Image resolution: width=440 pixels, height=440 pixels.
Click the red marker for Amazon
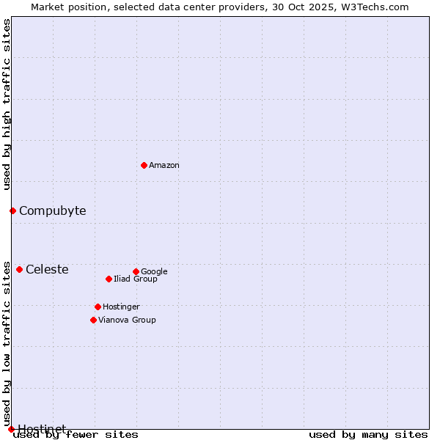[x=144, y=165]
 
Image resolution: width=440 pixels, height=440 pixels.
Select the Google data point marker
[x=136, y=271]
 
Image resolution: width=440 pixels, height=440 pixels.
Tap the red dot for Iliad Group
[x=109, y=279]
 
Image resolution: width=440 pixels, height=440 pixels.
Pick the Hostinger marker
[x=98, y=307]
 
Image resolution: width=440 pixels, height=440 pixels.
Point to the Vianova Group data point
[x=93, y=320]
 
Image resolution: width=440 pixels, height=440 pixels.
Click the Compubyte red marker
[x=12, y=211]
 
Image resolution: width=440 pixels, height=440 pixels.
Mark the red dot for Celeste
[x=19, y=269]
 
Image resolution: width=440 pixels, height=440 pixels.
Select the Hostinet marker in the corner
[x=11, y=429]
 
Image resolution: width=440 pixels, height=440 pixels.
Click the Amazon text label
[x=164, y=166]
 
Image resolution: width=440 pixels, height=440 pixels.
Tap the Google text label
[x=154, y=272]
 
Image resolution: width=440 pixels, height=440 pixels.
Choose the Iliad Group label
[x=136, y=279]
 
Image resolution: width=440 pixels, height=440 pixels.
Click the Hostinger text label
[x=121, y=307]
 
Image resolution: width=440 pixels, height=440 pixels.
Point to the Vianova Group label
[x=127, y=320]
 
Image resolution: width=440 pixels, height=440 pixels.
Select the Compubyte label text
[x=52, y=211]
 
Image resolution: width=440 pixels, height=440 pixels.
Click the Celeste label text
[x=47, y=270]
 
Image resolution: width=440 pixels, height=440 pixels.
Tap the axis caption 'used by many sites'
[x=368, y=435]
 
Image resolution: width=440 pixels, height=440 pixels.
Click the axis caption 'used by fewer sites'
[x=76, y=435]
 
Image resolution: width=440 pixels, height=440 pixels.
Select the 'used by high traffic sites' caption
[x=7, y=104]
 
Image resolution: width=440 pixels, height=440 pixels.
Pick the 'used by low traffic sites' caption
[x=7, y=343]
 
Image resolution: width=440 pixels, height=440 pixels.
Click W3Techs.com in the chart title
[x=379, y=7]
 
